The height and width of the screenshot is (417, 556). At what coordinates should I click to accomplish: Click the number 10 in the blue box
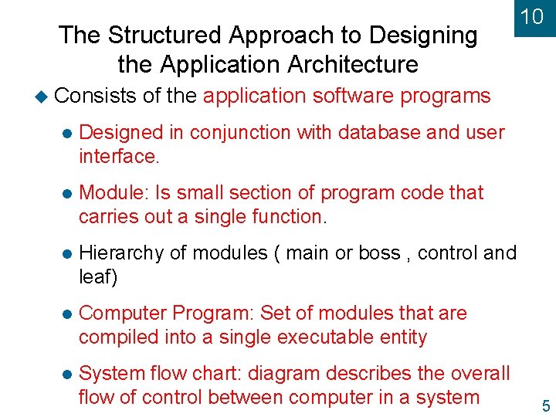coord(532,16)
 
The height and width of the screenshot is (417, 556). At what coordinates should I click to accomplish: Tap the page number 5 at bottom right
coord(546,406)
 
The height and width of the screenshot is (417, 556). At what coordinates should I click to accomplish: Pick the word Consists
coord(95,96)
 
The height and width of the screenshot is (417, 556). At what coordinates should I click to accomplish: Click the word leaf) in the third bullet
coord(98,277)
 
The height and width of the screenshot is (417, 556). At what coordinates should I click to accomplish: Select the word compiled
coord(124,337)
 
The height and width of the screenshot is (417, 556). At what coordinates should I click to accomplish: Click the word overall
coord(479,374)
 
